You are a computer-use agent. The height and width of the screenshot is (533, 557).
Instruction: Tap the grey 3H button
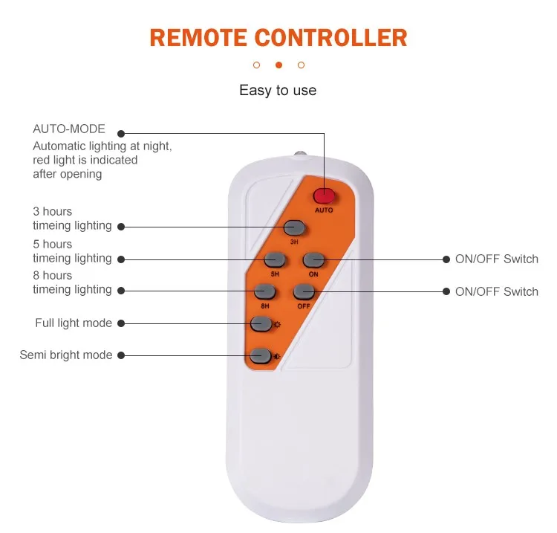(294, 227)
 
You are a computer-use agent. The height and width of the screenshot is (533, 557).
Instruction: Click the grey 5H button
(276, 259)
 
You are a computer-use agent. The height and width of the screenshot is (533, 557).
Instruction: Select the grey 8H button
(265, 291)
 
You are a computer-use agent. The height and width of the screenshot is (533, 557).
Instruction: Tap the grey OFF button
(303, 291)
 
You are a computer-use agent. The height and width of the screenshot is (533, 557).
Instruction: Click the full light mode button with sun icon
(261, 323)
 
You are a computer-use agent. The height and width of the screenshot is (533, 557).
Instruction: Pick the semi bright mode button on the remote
(260, 355)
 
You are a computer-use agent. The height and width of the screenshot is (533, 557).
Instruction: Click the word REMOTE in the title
(198, 38)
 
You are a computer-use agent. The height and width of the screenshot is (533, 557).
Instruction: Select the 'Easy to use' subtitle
(278, 91)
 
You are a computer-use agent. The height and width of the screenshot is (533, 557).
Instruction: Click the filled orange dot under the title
(278, 65)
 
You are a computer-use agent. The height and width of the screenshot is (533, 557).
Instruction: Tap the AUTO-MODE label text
(69, 129)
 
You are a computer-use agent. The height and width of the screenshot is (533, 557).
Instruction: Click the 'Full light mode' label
(74, 323)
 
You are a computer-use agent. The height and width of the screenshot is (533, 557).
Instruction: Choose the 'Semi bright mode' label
(66, 355)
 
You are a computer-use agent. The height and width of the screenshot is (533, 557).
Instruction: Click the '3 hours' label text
(53, 212)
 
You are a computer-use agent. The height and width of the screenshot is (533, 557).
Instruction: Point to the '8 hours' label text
(53, 276)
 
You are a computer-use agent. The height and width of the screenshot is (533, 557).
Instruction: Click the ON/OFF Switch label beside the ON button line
(497, 259)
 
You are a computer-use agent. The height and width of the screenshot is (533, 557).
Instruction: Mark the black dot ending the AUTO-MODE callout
(121, 133)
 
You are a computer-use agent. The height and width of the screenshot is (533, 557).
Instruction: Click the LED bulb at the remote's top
(300, 155)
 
